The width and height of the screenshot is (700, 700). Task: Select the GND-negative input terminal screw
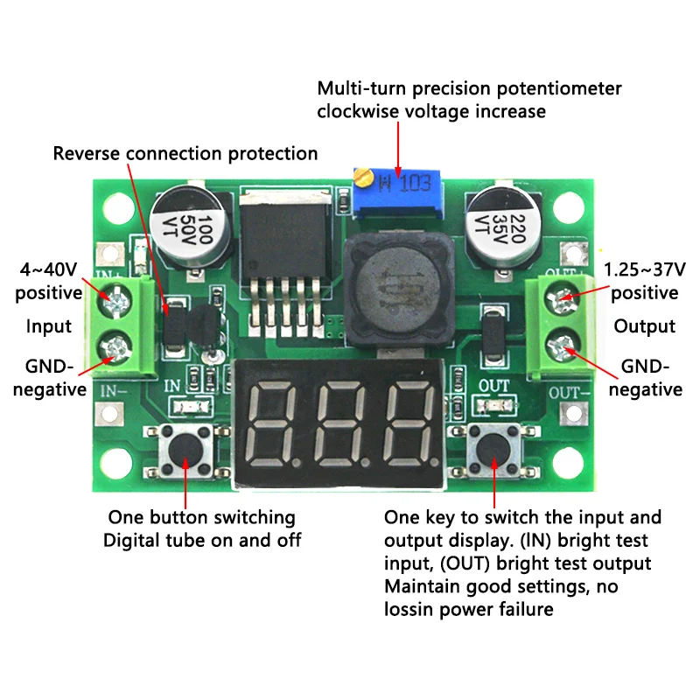tap(114, 350)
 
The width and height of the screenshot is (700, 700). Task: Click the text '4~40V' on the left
tap(48, 268)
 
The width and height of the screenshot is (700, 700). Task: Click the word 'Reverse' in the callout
tap(87, 154)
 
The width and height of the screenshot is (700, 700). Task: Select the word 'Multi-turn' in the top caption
tap(360, 88)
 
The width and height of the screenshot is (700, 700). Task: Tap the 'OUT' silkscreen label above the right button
tap(495, 385)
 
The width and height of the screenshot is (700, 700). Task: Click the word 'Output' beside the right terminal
tap(644, 326)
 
